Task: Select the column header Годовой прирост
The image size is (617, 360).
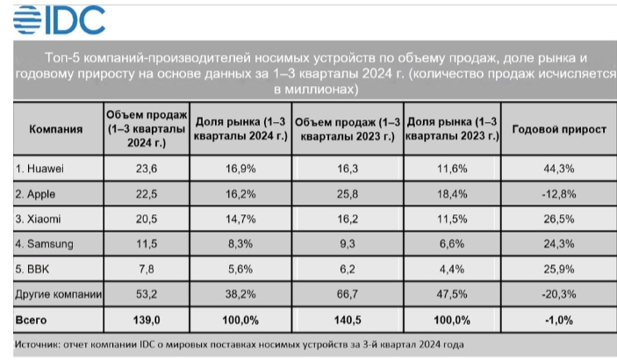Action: pyautogui.click(x=558, y=129)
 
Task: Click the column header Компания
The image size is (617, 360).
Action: pyautogui.click(x=56, y=129)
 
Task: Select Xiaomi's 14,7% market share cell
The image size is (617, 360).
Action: pyautogui.click(x=239, y=216)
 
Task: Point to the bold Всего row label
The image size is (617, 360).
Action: pyautogui.click(x=32, y=320)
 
